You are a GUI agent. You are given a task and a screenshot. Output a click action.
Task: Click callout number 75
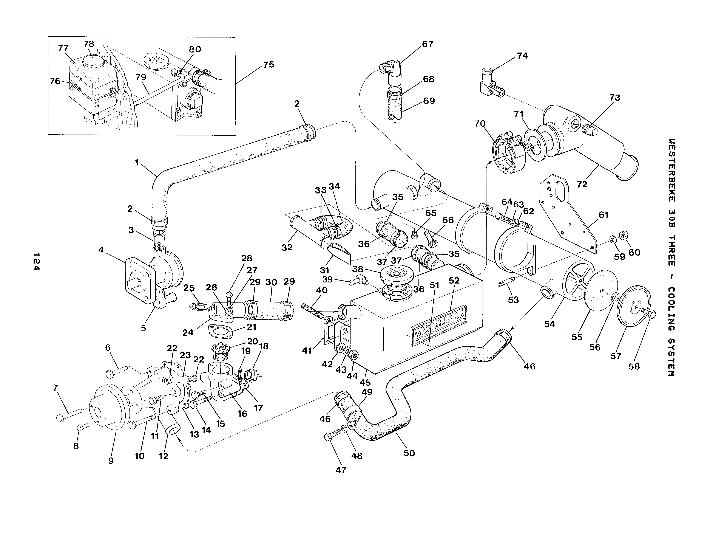pos(269,65)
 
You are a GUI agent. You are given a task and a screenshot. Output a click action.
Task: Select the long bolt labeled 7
pos(69,415)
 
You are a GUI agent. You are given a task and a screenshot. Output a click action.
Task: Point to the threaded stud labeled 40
pos(312,310)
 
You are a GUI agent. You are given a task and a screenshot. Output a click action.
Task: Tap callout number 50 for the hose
pos(409,453)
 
